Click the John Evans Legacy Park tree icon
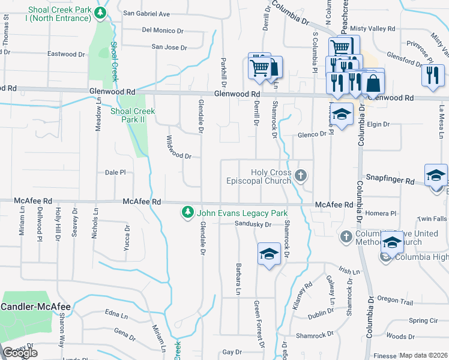[x=188, y=213]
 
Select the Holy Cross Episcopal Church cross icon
[x=301, y=176]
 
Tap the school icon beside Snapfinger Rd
[x=436, y=175]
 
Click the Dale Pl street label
[x=115, y=172]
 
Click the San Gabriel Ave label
[x=146, y=14]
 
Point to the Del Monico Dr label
[x=163, y=30]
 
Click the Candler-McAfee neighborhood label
[x=35, y=307]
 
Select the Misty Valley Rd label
[x=373, y=28]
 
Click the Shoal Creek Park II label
[x=132, y=115]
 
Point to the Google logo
[x=20, y=353]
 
